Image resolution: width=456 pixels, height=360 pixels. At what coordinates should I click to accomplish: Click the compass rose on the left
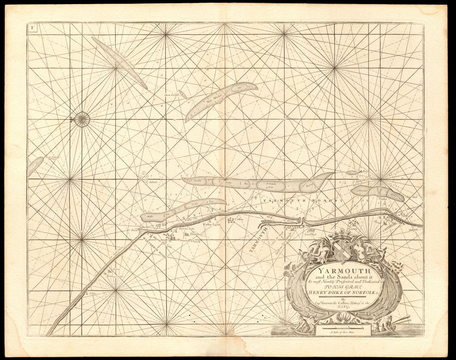pos(82,120)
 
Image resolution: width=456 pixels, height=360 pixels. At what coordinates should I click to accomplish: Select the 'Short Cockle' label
pos(165,95)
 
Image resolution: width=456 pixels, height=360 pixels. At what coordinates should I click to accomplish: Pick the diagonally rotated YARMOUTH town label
pos(258,242)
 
